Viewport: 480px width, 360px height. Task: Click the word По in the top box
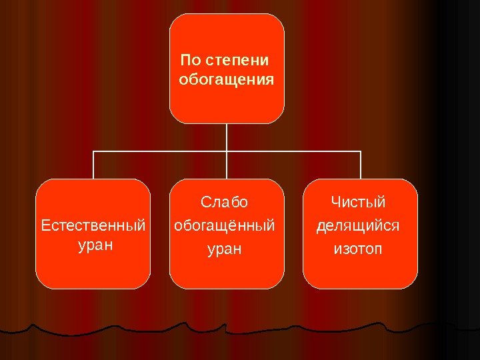[190, 61]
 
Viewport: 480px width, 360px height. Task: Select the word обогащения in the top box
[227, 81]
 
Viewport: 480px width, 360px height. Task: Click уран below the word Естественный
[95, 245]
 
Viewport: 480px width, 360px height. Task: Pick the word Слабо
[225, 202]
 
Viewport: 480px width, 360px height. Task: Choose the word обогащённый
[225, 226]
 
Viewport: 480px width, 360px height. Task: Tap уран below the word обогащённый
[225, 250]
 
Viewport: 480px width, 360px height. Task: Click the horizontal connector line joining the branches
[160, 151]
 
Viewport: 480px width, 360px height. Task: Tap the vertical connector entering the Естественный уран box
[93, 165]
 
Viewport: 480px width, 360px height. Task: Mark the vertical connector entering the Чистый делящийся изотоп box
[361, 165]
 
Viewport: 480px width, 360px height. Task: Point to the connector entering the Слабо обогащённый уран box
[227, 167]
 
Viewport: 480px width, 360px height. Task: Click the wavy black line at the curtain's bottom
[200, 328]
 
